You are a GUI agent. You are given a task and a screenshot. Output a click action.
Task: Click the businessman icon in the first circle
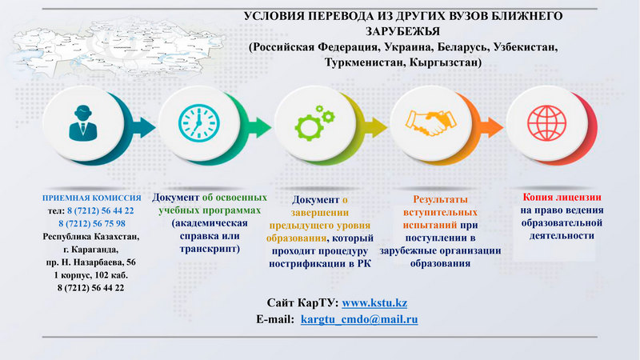click(83, 123)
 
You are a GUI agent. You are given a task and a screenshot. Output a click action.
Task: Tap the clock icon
click(199, 123)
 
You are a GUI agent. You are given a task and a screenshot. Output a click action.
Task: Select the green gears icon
click(314, 123)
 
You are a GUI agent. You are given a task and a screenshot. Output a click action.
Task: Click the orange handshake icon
click(430, 123)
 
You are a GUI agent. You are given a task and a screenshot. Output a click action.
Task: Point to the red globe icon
click(547, 123)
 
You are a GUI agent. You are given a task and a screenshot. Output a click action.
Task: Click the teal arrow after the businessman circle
click(143, 127)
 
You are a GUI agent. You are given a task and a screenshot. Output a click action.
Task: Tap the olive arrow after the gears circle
click(375, 127)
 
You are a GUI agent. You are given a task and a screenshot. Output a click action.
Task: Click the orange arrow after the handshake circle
click(491, 127)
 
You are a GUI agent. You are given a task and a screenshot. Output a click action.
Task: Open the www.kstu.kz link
click(374, 303)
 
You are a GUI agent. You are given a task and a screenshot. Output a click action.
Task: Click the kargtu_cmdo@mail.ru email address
click(359, 319)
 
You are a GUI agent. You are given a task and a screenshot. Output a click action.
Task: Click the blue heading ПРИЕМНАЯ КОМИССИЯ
click(92, 198)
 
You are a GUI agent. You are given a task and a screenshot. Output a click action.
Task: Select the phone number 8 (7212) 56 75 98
click(92, 224)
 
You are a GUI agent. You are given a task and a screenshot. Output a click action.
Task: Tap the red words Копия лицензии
click(562, 198)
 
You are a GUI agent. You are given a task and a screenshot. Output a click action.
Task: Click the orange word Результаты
click(441, 199)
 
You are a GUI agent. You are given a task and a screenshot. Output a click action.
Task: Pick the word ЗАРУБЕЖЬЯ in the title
click(402, 31)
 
